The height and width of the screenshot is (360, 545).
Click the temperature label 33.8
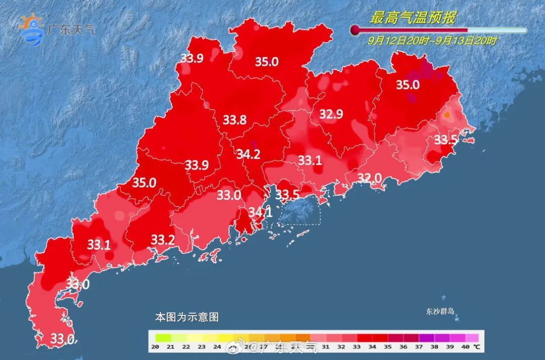coord(235,120)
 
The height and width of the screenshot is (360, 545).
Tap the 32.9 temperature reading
coord(331,115)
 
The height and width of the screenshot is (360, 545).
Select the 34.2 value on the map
coord(248,155)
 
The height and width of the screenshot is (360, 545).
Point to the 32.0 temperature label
coord(369,178)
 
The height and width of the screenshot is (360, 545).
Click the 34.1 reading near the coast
coord(260,213)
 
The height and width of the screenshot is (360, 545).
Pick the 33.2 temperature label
coord(163,239)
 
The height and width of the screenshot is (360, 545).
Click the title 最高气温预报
coord(413,19)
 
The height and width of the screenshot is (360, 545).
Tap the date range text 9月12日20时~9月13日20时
coord(432,41)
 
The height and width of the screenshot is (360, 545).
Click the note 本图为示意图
coord(187,318)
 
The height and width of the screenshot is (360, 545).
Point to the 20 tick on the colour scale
coord(155,347)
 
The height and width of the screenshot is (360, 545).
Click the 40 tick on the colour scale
coord(464,347)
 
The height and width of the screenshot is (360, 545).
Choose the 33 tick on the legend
coord(357,347)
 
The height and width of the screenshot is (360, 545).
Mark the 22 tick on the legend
coord(186,347)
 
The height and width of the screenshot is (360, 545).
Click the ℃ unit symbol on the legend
coord(475,347)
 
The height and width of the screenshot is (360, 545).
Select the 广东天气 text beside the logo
coord(71,29)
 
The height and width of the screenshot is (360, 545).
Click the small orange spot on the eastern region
coord(447,116)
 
